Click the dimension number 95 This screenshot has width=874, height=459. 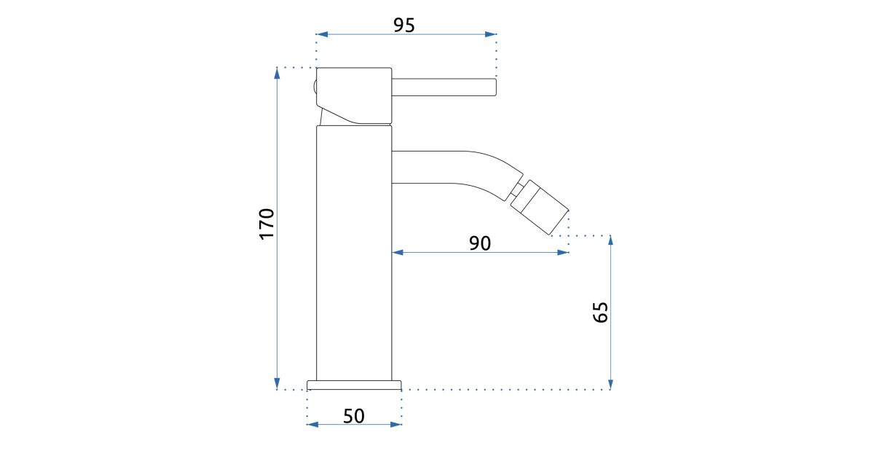[403, 25]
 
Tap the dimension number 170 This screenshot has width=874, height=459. [267, 224]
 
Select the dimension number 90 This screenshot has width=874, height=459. [480, 243]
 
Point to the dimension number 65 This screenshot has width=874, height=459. [600, 313]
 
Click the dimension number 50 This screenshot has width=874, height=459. [354, 416]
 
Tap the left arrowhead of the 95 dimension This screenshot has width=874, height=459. [322, 34]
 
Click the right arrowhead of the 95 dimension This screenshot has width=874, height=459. [491, 34]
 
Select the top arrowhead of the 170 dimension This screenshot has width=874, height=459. [277, 74]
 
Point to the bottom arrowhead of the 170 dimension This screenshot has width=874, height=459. [277, 384]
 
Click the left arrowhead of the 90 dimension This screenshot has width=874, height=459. [398, 253]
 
